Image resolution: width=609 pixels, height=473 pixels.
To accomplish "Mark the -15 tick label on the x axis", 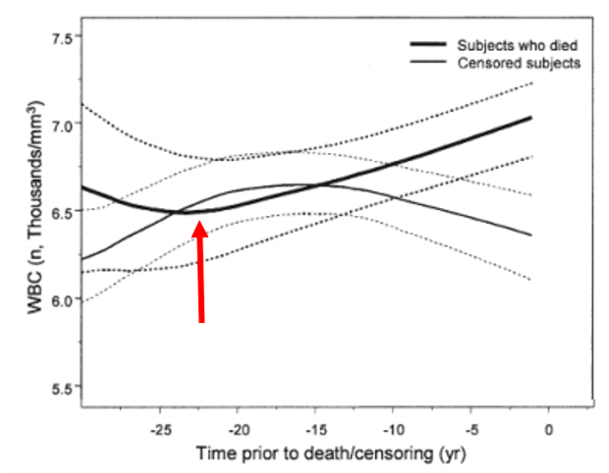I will point(315,430).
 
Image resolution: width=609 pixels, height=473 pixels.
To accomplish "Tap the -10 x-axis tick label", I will point(393,430).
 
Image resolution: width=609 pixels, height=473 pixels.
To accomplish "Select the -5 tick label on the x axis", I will point(471,430).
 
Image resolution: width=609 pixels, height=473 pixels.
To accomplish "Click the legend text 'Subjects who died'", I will point(524,45).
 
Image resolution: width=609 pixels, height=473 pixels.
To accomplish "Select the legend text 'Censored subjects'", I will point(521,63).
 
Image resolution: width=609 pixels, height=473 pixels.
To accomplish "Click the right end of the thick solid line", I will point(530,118).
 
